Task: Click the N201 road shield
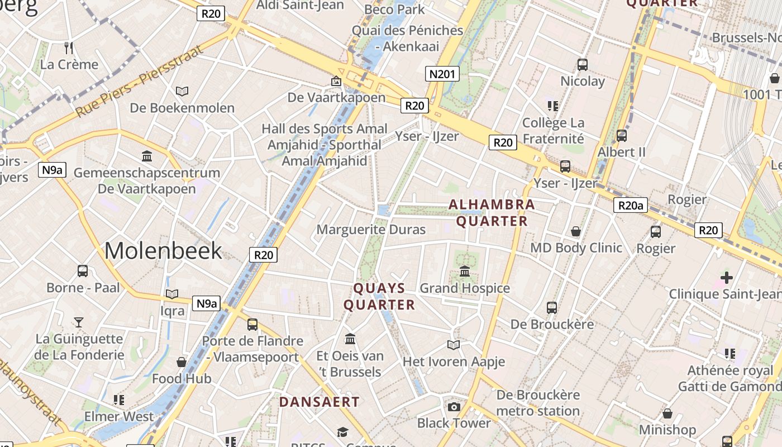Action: (x=442, y=74)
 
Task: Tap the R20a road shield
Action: (x=631, y=206)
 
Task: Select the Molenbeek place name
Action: (x=163, y=251)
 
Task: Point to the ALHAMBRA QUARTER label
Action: (x=492, y=213)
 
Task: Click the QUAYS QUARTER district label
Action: (x=379, y=297)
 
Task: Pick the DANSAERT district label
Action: (x=320, y=402)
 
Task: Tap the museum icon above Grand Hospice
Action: (x=465, y=272)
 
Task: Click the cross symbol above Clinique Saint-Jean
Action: (x=726, y=277)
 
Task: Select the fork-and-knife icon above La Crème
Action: (x=69, y=47)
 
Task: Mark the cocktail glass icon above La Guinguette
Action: (x=79, y=322)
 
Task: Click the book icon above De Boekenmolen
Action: (x=182, y=91)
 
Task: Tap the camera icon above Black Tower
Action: (x=454, y=407)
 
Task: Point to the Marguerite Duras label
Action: (x=371, y=230)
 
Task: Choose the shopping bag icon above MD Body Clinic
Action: (x=576, y=231)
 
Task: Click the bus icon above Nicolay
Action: (x=583, y=65)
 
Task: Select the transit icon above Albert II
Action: (x=621, y=136)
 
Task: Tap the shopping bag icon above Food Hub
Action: (x=182, y=362)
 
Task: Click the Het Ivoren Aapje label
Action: (x=454, y=362)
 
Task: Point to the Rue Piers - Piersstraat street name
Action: (x=140, y=81)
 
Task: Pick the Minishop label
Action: (x=667, y=430)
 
